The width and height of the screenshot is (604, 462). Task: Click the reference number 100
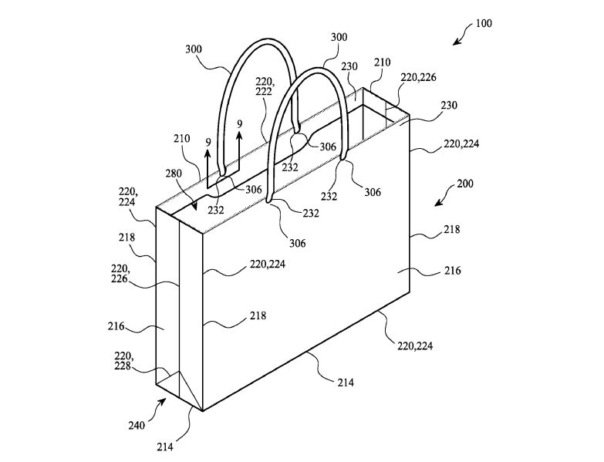click(484, 23)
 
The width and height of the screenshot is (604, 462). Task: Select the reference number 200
click(465, 184)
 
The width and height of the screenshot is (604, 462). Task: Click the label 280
click(174, 174)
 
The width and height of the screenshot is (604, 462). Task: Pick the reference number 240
click(137, 426)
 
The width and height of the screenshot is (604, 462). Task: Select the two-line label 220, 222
click(265, 86)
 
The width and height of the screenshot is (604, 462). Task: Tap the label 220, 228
click(123, 361)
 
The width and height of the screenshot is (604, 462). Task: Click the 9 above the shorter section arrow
click(208, 143)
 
